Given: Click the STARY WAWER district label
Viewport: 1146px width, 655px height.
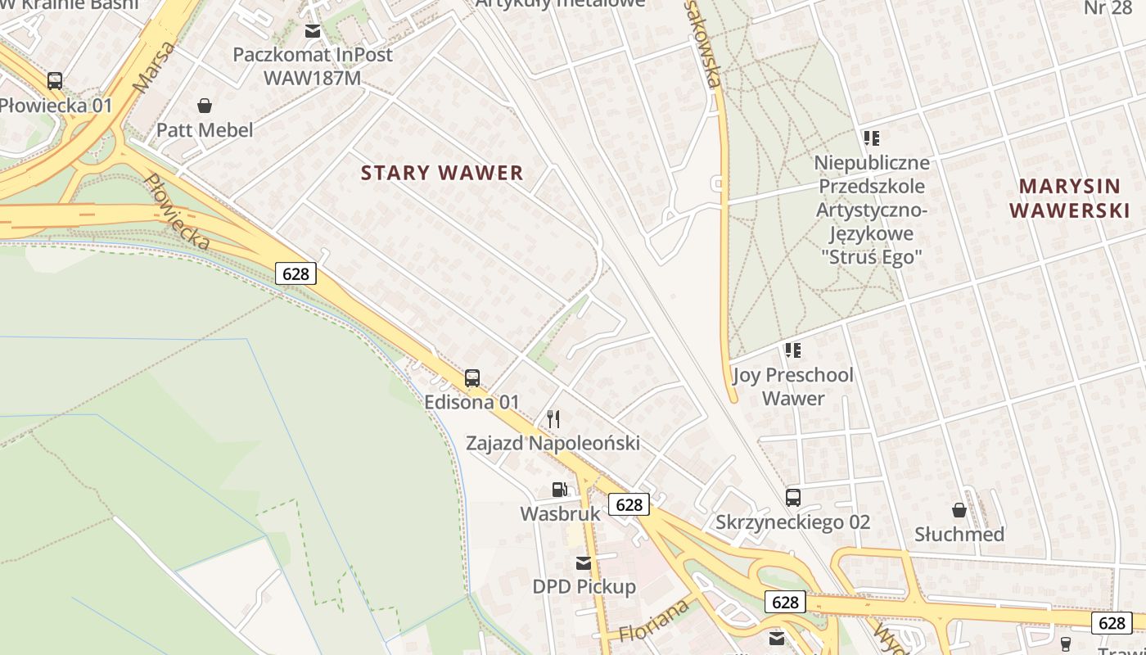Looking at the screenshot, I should [442, 173].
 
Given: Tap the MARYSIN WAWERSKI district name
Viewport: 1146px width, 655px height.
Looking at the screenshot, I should [1069, 198].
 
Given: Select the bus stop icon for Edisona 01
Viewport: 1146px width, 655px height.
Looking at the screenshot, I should [472, 378].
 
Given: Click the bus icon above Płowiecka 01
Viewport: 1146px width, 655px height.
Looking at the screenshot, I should [55, 81].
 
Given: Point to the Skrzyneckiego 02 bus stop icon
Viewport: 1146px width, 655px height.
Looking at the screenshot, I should [792, 498].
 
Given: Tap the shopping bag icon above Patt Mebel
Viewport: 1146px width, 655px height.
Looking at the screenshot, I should [205, 106].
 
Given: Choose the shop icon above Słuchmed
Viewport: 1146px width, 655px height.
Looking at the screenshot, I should [959, 511].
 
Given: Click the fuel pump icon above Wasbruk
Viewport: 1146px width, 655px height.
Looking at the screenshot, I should [560, 490].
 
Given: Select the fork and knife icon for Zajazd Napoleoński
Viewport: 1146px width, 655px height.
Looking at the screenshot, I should [553, 419].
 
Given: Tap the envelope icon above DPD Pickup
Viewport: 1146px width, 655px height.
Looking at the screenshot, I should [584, 563].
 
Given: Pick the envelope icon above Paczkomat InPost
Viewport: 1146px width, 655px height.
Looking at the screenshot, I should [313, 31].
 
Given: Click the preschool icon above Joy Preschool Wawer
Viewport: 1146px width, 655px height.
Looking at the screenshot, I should [792, 351].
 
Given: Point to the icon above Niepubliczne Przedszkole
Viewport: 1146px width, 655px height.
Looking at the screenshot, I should [872, 138].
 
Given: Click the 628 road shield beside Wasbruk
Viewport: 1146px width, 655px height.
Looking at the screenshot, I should [629, 504].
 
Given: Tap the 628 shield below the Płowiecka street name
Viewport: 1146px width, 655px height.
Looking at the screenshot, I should [296, 273].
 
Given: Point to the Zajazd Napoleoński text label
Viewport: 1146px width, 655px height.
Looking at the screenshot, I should [553, 444].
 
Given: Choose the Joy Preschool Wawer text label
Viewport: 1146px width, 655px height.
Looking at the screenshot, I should [793, 387].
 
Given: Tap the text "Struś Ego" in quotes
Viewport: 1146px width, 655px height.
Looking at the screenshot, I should [872, 257].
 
